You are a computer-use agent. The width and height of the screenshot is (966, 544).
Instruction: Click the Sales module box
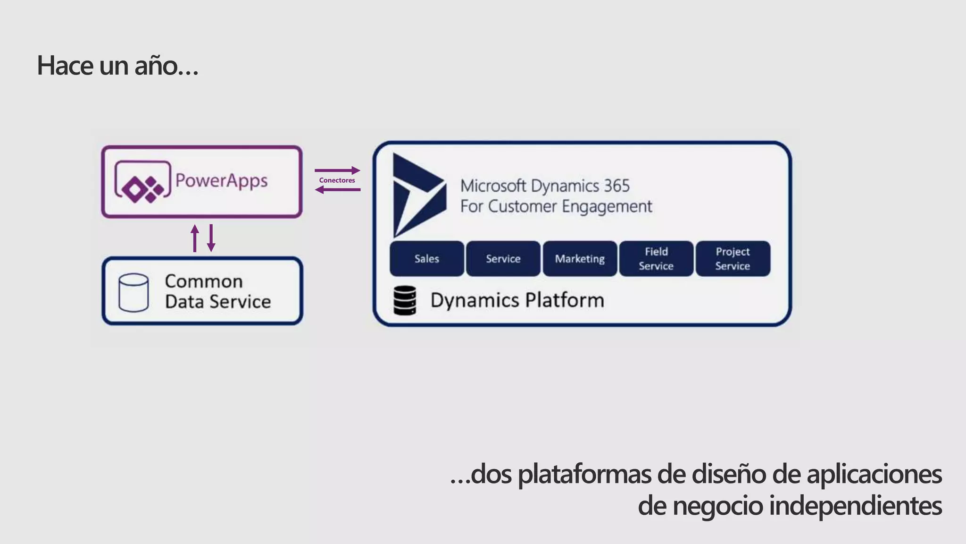tap(427, 259)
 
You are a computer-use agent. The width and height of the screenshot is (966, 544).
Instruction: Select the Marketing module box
tap(580, 259)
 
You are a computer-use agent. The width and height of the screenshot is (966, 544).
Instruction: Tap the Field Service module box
tap(656, 259)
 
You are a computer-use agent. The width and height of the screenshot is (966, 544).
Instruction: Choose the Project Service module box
tap(733, 259)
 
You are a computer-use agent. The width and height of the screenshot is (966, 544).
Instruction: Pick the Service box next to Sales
tap(503, 259)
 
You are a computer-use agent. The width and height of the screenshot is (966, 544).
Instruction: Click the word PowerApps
tap(222, 181)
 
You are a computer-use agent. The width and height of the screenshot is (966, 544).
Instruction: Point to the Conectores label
tap(337, 180)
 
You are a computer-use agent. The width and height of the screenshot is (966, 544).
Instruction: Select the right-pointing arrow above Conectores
tap(337, 170)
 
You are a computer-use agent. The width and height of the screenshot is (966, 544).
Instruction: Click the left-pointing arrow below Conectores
tap(337, 190)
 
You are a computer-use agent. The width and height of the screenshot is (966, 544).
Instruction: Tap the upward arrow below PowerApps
tap(195, 238)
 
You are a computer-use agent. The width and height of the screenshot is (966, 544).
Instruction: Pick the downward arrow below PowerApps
tap(211, 238)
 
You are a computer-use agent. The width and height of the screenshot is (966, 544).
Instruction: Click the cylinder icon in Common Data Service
tap(133, 293)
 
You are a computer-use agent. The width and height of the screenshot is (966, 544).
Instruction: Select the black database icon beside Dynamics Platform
tap(405, 300)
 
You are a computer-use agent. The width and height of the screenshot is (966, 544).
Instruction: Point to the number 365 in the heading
tap(616, 186)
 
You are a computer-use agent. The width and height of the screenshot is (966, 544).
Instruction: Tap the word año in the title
tap(156, 65)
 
